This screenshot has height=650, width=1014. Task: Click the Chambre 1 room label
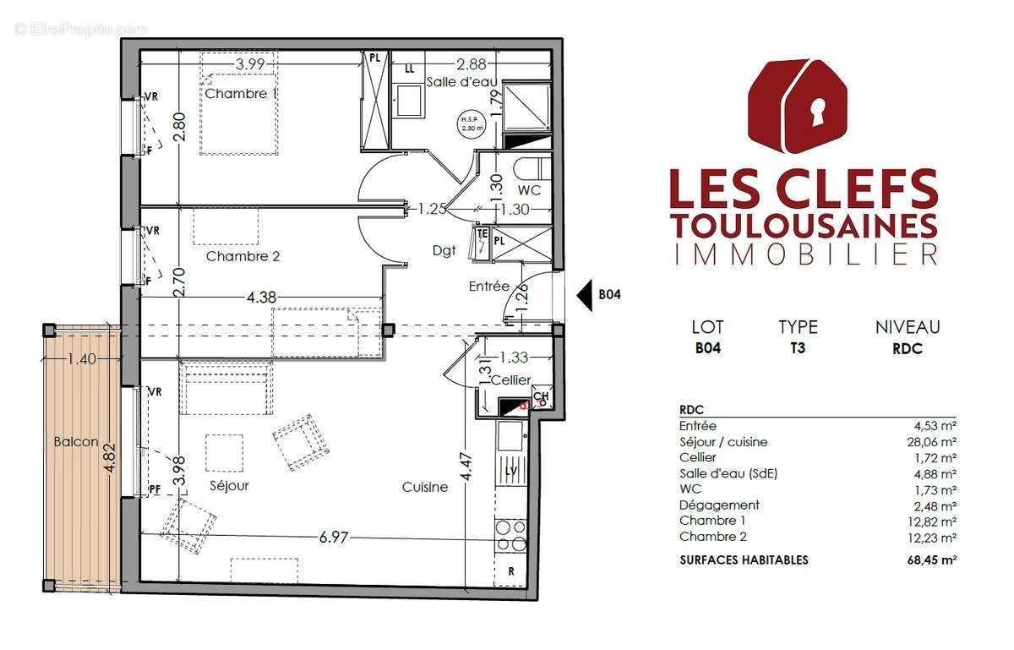(241, 94)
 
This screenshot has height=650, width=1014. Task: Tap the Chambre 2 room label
(243, 256)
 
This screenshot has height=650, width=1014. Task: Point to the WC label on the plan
(530, 191)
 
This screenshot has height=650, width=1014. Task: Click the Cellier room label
(510, 380)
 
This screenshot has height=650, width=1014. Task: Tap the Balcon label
(76, 441)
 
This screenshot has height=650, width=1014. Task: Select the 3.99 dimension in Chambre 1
(250, 64)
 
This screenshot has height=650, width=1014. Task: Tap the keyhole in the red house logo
(817, 109)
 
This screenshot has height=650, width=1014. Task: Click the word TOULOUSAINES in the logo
(803, 226)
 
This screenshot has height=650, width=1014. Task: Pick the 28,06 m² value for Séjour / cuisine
(932, 442)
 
